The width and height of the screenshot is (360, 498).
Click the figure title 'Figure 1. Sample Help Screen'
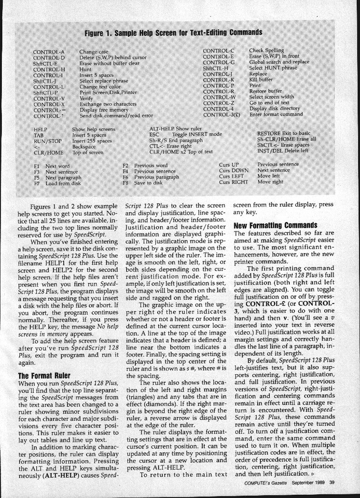174,33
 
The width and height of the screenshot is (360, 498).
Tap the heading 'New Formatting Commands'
276,225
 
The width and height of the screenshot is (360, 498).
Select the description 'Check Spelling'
266,50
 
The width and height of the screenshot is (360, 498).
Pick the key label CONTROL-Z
219,103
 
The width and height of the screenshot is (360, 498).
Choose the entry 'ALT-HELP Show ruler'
177,129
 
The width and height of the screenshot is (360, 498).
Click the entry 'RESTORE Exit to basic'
283,134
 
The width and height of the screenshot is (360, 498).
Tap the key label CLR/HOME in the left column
48,153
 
